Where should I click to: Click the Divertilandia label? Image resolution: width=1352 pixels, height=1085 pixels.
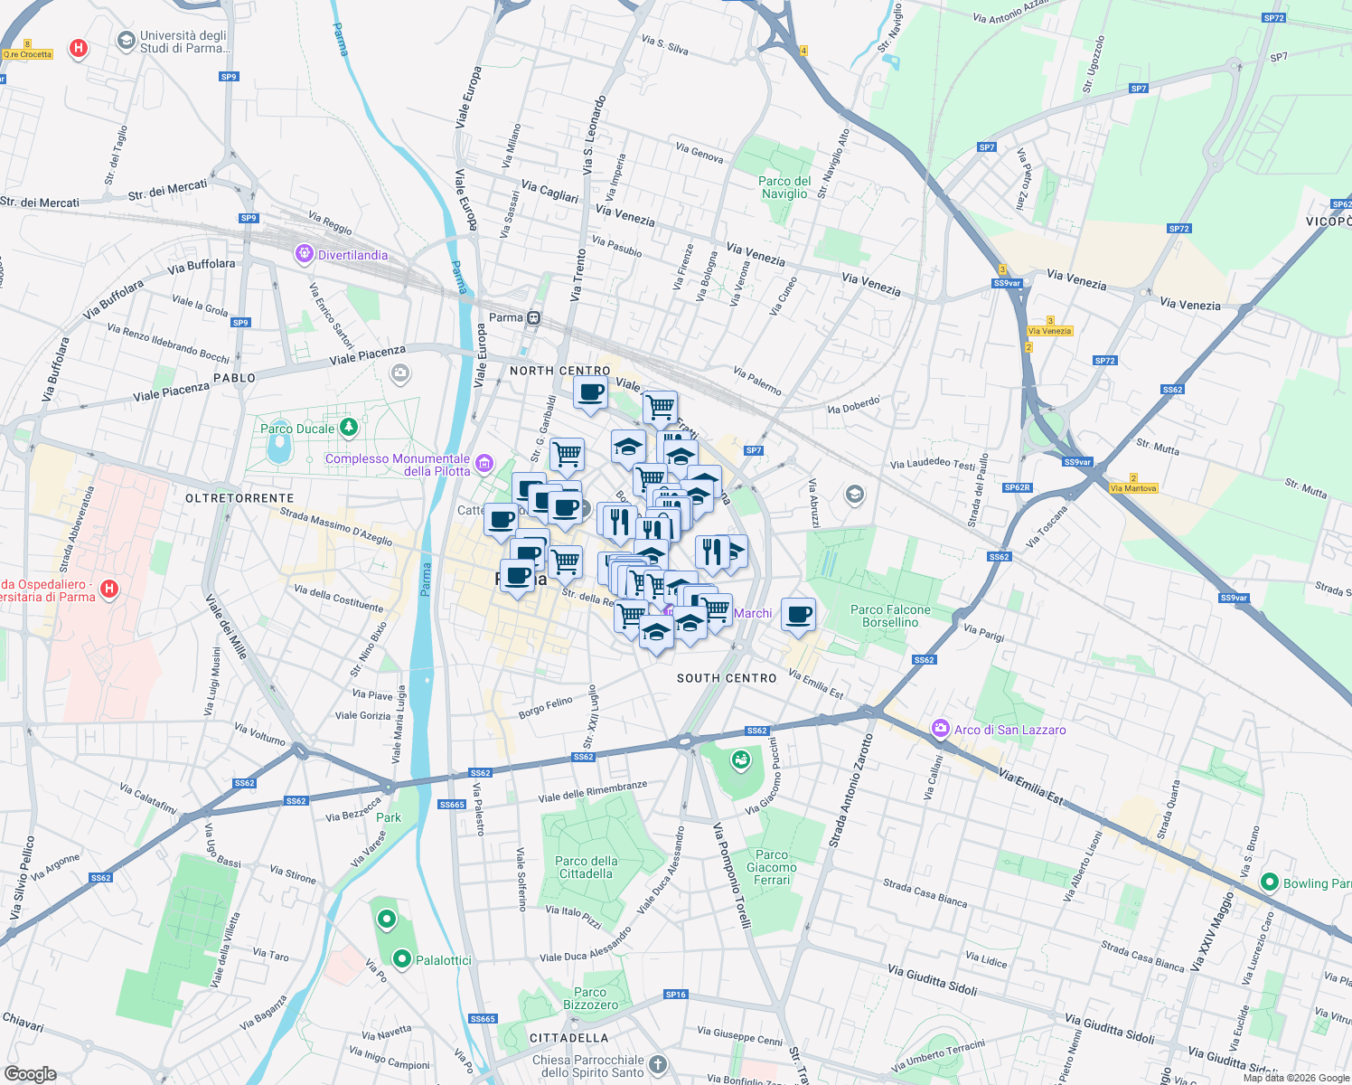(x=352, y=256)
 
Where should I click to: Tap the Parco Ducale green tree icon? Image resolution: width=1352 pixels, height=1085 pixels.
(x=349, y=428)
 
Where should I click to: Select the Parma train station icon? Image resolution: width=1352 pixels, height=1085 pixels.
(x=535, y=317)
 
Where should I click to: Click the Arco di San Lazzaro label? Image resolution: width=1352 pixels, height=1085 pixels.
(x=1009, y=730)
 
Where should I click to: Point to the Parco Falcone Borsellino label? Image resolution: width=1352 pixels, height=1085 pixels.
(x=890, y=616)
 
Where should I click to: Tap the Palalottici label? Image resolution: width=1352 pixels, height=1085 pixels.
(x=443, y=960)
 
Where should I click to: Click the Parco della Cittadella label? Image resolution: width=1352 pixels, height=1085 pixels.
(x=587, y=867)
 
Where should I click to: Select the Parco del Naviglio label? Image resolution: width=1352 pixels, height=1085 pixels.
(x=784, y=187)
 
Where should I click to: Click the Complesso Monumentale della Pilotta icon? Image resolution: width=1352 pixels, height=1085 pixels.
(x=484, y=464)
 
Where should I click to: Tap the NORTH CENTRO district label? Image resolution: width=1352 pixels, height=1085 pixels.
(x=559, y=371)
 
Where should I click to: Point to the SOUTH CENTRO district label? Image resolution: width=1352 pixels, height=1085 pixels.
(x=727, y=678)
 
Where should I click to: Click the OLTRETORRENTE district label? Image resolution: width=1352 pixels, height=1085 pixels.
(x=239, y=498)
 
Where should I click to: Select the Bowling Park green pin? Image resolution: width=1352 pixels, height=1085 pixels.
(x=1269, y=882)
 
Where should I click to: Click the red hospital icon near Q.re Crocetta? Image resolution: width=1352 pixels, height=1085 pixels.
(x=79, y=48)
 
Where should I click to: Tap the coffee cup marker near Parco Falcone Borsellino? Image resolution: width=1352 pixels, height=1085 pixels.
(x=798, y=615)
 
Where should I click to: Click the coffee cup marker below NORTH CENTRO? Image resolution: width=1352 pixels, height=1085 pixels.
(x=590, y=393)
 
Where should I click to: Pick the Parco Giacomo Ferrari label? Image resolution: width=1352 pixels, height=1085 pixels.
(x=772, y=867)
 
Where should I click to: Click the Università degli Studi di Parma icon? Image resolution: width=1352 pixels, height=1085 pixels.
(x=127, y=41)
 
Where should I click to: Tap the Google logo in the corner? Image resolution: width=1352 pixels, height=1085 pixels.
(x=31, y=1073)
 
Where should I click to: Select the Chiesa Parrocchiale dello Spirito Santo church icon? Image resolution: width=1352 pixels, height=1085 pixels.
(x=658, y=1065)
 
